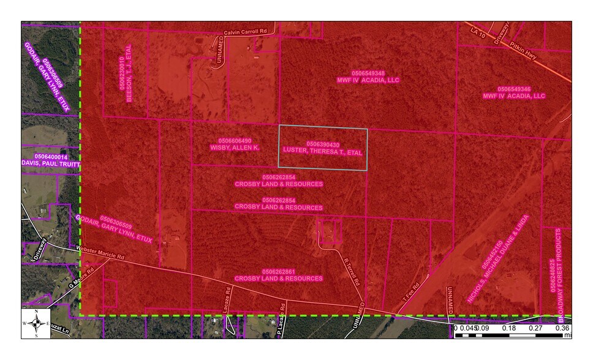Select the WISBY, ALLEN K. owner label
[235, 148]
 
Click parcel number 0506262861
[279, 271]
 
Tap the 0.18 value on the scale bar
[508, 328]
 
